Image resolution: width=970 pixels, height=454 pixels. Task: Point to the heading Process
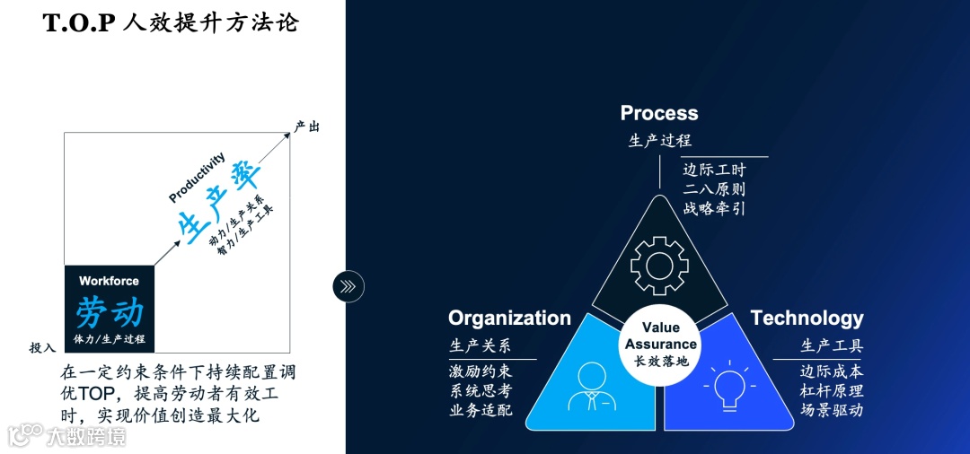coord(659,113)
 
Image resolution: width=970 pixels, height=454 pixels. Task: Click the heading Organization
coord(509,319)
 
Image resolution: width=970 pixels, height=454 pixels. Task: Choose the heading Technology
coord(807,319)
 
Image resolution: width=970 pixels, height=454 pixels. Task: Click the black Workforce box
coord(110,308)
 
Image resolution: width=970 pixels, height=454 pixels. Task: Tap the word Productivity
coord(198,177)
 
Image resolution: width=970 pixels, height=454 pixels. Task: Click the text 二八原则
coord(714,189)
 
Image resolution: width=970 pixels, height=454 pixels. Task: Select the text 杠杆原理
coord(832,390)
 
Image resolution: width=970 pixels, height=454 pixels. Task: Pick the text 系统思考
coord(481,390)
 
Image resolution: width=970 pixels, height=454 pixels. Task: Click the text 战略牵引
coord(714,209)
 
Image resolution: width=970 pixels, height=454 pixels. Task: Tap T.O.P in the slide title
coord(81,23)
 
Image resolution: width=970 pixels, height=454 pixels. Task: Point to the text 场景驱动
coord(832,411)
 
